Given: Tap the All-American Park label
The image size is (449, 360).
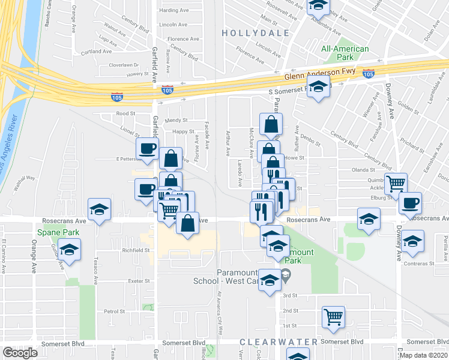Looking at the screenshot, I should tap(345, 53).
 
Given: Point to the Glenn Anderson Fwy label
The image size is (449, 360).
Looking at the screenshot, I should tap(319, 74).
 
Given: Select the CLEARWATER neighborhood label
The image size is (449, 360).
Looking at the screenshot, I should tap(278, 341).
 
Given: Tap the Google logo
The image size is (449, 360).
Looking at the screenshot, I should tap(20, 353).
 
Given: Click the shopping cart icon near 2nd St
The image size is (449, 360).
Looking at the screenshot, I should tap(333, 317).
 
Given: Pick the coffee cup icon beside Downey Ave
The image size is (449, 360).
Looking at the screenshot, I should tap(410, 203).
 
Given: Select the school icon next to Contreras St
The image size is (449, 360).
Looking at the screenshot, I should tap(412, 241).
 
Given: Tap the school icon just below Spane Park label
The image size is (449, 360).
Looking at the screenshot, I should tap(70, 249).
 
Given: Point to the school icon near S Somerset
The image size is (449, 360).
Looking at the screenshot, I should tap(319, 87).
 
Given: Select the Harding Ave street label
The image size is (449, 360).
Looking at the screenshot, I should tap(173, 11).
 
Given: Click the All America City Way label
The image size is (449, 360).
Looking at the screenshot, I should tap(220, 312).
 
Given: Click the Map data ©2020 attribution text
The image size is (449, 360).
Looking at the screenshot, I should tap(424, 355).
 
